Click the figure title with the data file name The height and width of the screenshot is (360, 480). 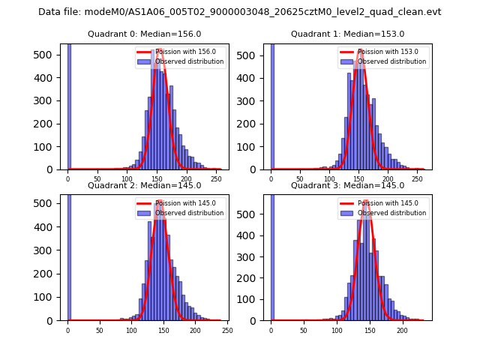point(239,12)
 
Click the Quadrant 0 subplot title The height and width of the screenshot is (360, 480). point(145,34)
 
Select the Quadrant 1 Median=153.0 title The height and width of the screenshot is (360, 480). point(347,34)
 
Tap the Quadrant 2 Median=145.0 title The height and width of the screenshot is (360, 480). point(145,185)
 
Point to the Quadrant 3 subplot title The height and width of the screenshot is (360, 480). point(347,185)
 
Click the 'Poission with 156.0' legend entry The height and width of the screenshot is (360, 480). point(178,52)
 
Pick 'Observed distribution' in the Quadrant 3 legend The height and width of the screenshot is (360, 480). point(391,213)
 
